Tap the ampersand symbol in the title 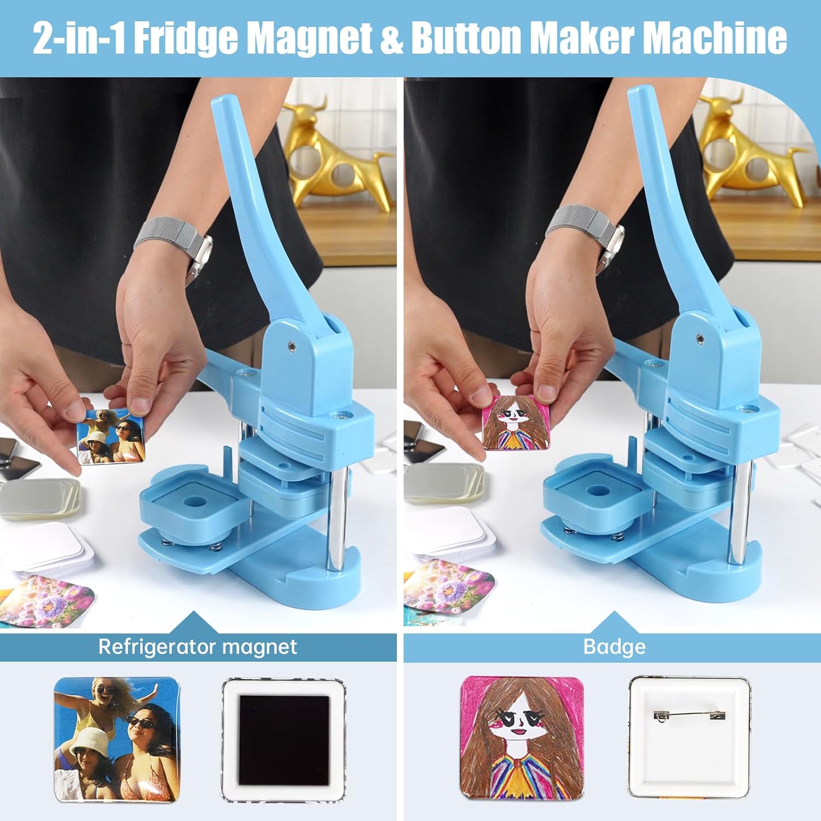(391, 38)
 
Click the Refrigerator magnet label (198, 647)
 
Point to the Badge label (615, 647)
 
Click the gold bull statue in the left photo (339, 153)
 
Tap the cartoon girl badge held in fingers (516, 421)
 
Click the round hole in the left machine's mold (194, 501)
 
